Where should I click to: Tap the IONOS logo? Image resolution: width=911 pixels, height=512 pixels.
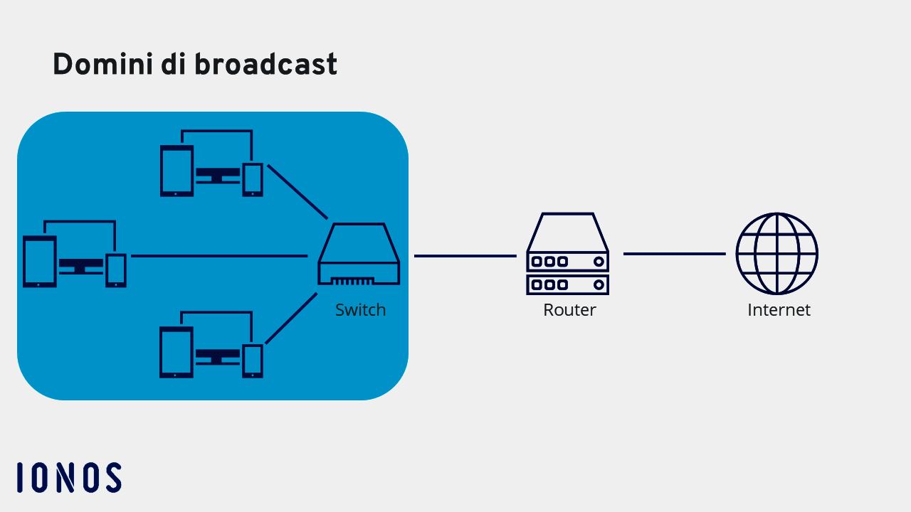(x=69, y=477)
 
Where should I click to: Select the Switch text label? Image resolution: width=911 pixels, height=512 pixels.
(x=360, y=310)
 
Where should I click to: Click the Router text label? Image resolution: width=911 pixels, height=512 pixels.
(x=569, y=310)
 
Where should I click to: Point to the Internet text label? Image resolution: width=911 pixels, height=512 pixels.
(x=779, y=310)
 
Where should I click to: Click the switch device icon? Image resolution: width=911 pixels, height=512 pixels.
(x=359, y=254)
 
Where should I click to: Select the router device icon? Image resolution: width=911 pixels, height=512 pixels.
(x=568, y=254)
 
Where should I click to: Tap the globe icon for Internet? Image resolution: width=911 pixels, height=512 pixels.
(x=776, y=253)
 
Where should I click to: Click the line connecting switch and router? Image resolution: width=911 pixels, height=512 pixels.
(x=465, y=256)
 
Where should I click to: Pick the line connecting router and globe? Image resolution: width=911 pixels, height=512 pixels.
(x=674, y=254)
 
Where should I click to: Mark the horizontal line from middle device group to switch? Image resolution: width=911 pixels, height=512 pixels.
(x=219, y=256)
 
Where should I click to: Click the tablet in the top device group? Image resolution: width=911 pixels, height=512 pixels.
(x=177, y=171)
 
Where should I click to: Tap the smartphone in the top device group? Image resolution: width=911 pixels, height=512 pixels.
(x=253, y=179)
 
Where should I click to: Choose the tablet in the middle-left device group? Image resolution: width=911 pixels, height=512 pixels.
(x=40, y=262)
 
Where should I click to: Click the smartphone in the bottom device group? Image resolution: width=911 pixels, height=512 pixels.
(x=253, y=361)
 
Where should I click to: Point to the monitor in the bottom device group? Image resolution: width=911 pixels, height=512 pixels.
(x=217, y=355)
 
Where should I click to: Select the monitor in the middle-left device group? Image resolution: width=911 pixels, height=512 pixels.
(x=80, y=265)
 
